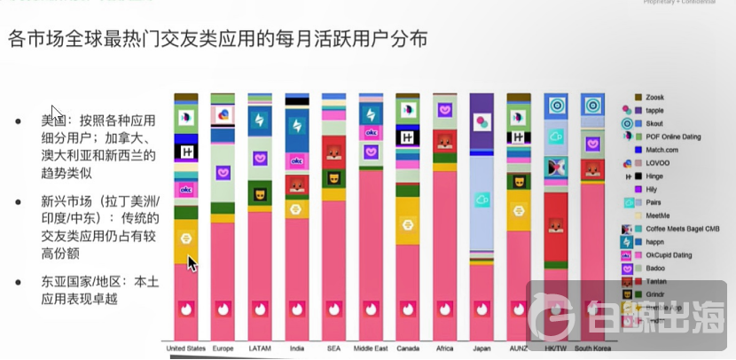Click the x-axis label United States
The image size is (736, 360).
185,349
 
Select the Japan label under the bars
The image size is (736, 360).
482,349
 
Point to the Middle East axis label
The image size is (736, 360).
371,349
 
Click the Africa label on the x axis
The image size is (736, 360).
444,349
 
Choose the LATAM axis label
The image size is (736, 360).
260,349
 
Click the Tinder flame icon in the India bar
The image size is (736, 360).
297,309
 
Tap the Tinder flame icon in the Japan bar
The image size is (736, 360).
482,309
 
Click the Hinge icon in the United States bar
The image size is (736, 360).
186,153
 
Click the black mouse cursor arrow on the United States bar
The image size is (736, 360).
192,263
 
